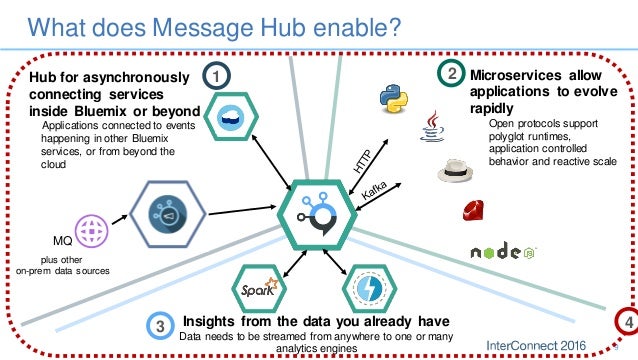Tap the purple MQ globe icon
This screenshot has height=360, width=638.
(x=91, y=232)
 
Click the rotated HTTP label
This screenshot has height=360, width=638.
(x=365, y=160)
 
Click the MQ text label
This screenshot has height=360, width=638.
(x=61, y=241)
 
